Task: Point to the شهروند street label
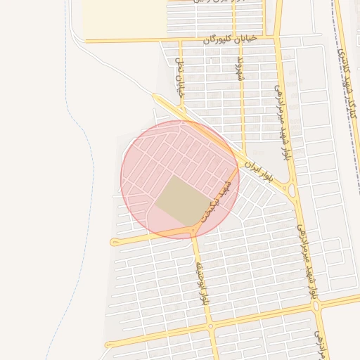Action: point(238,71)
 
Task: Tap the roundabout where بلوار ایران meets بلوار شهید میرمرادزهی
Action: point(291,188)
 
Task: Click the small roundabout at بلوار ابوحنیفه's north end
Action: point(194,230)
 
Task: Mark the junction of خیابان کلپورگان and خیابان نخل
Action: point(180,40)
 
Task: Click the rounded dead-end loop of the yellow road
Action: point(114,241)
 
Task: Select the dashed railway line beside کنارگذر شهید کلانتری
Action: point(354,105)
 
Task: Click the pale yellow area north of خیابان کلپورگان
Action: point(123,18)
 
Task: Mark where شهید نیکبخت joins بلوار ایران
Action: point(238,166)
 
